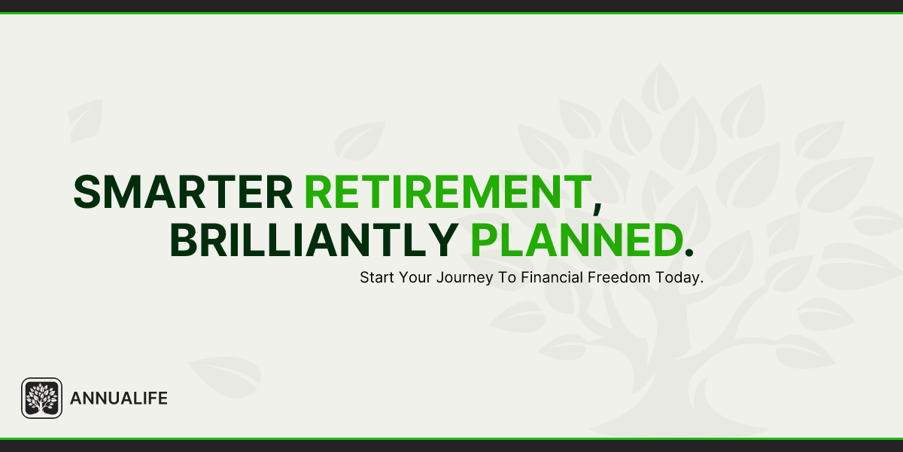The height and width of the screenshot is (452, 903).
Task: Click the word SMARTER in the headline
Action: (183, 192)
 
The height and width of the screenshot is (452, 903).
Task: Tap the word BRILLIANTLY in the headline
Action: (314, 241)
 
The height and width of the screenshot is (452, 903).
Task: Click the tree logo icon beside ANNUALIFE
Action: (41, 398)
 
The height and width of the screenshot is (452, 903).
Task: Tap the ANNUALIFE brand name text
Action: (118, 399)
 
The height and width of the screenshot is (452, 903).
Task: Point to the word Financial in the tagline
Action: (552, 277)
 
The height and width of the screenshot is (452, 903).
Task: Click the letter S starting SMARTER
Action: (87, 192)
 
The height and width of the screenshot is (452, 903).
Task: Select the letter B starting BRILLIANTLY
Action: (184, 241)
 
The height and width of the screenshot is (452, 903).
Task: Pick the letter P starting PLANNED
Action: (485, 241)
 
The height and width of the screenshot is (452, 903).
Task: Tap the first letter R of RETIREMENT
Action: (318, 192)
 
